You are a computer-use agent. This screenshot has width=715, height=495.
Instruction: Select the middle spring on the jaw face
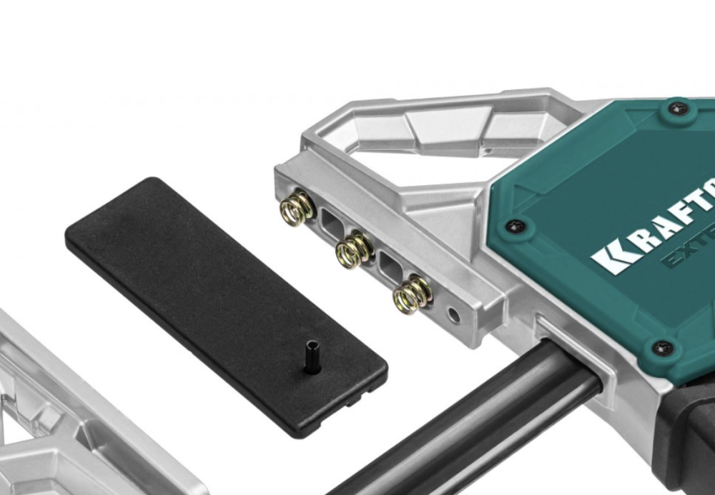352,249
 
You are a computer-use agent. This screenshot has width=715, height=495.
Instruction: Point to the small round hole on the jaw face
453,314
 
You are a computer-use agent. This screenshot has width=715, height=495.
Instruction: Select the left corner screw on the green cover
515,226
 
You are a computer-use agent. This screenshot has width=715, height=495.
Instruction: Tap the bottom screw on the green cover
663,348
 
